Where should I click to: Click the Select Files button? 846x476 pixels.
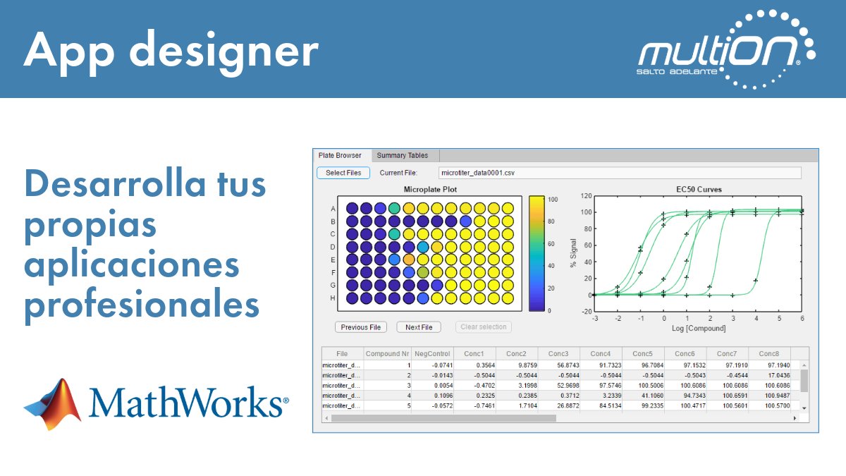(343, 173)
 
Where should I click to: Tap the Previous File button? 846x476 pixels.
(360, 327)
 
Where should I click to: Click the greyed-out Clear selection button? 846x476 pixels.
(484, 327)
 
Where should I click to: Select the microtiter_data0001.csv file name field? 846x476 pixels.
(619, 173)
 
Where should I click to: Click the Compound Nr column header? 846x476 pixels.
(387, 353)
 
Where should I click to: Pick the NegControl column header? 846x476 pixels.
(432, 353)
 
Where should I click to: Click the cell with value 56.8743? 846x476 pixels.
(558, 365)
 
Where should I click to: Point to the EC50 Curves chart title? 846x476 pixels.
(698, 189)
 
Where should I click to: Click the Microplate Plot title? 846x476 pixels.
(430, 189)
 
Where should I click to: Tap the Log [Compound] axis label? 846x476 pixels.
(698, 329)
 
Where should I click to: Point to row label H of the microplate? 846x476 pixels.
(332, 298)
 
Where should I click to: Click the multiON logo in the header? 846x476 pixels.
(726, 51)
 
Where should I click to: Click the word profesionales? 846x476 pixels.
(142, 305)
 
